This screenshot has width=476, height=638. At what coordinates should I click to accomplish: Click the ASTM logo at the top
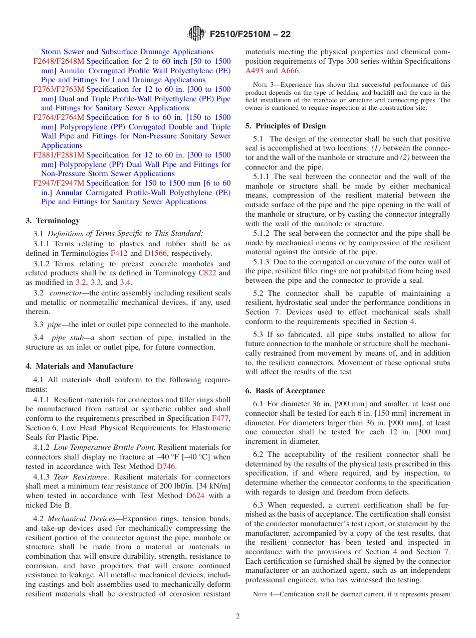click(x=196, y=34)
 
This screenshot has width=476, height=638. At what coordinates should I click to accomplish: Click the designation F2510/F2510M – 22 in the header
click(x=250, y=34)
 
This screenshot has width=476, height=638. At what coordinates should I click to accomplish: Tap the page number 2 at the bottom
click(x=238, y=616)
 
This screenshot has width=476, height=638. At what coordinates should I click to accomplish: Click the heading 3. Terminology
click(x=53, y=221)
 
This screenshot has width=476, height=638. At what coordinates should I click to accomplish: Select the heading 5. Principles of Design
click(x=286, y=126)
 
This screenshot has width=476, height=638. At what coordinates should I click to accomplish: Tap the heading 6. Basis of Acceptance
click(x=285, y=391)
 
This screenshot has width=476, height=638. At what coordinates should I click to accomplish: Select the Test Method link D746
click(x=166, y=466)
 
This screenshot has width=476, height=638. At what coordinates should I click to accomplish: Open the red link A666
click(x=290, y=71)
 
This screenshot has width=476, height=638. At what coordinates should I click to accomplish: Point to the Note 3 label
click(x=260, y=85)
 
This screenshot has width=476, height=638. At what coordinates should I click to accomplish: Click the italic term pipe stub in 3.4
click(x=66, y=338)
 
